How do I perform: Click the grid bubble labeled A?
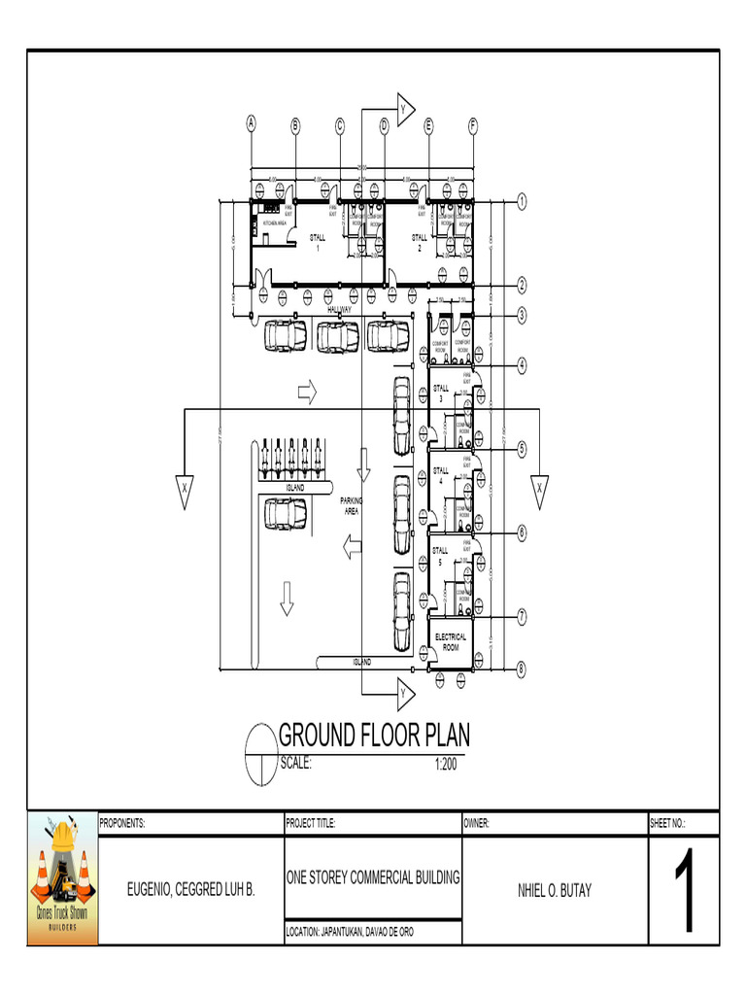click(252, 123)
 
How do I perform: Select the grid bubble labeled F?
click(473, 124)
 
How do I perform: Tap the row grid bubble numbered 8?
click(522, 669)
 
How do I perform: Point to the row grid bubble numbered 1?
click(522, 202)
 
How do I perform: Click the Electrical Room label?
click(451, 642)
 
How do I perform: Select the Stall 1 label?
click(318, 242)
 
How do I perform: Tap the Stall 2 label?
click(419, 242)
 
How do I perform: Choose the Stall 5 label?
click(440, 556)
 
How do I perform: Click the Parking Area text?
click(351, 505)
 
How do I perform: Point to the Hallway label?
click(339, 309)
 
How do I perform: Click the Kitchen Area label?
click(267, 223)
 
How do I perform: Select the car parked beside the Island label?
click(286, 514)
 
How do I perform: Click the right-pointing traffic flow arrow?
click(307, 392)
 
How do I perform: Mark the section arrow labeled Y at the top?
click(404, 109)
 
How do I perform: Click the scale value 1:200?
click(445, 765)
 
